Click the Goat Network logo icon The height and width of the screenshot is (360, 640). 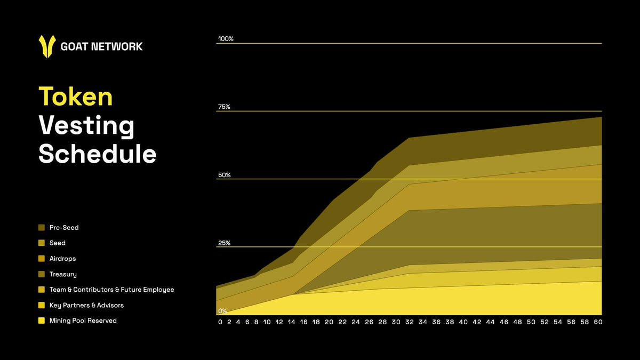point(47,46)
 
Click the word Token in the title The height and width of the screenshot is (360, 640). point(76,98)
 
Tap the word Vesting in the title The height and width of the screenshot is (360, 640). point(86,126)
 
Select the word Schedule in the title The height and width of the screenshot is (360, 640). point(98,155)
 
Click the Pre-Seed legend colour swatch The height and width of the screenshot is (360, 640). point(42,228)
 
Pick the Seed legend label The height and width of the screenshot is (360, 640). point(58,243)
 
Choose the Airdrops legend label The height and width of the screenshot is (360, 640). point(62,259)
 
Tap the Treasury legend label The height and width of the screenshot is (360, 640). point(63,274)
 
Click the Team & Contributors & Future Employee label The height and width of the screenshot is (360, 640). point(111,290)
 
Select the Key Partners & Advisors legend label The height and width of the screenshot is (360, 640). point(86,305)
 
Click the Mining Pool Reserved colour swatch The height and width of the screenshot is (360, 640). point(42,321)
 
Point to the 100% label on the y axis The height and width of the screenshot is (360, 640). point(226,39)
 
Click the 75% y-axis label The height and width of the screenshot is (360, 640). point(224,107)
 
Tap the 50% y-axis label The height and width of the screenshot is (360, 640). point(224,175)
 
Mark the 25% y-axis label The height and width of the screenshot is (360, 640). point(224,243)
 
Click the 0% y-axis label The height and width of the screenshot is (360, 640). point(222,311)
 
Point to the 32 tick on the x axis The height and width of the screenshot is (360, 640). point(409,322)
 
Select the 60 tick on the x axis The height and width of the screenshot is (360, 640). point(598,322)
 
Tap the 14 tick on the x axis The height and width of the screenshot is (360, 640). point(292,322)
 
